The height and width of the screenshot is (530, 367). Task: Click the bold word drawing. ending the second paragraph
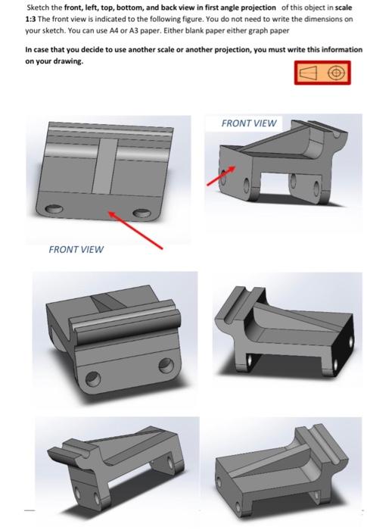[x=67, y=61]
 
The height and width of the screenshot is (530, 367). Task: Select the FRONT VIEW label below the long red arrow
[x=76, y=248]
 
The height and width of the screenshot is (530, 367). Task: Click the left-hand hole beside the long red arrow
[x=53, y=210]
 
